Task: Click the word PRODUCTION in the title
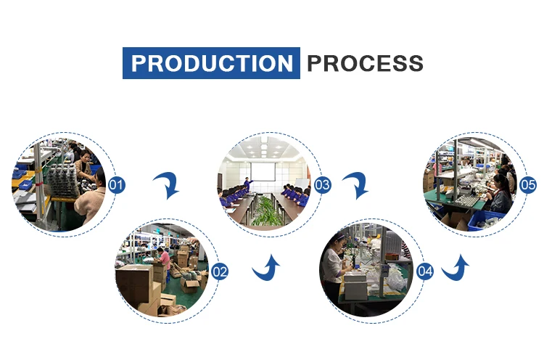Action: [212, 63]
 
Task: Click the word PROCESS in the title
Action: [365, 63]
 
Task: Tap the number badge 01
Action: [117, 184]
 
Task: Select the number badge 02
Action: [220, 271]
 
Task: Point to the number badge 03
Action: [322, 184]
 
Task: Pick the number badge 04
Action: [425, 271]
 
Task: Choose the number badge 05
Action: [528, 184]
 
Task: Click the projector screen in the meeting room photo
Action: [263, 172]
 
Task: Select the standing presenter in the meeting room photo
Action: [247, 186]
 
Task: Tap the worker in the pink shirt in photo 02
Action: [164, 258]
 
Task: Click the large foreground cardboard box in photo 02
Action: [135, 284]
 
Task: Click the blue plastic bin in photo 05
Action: [487, 220]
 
